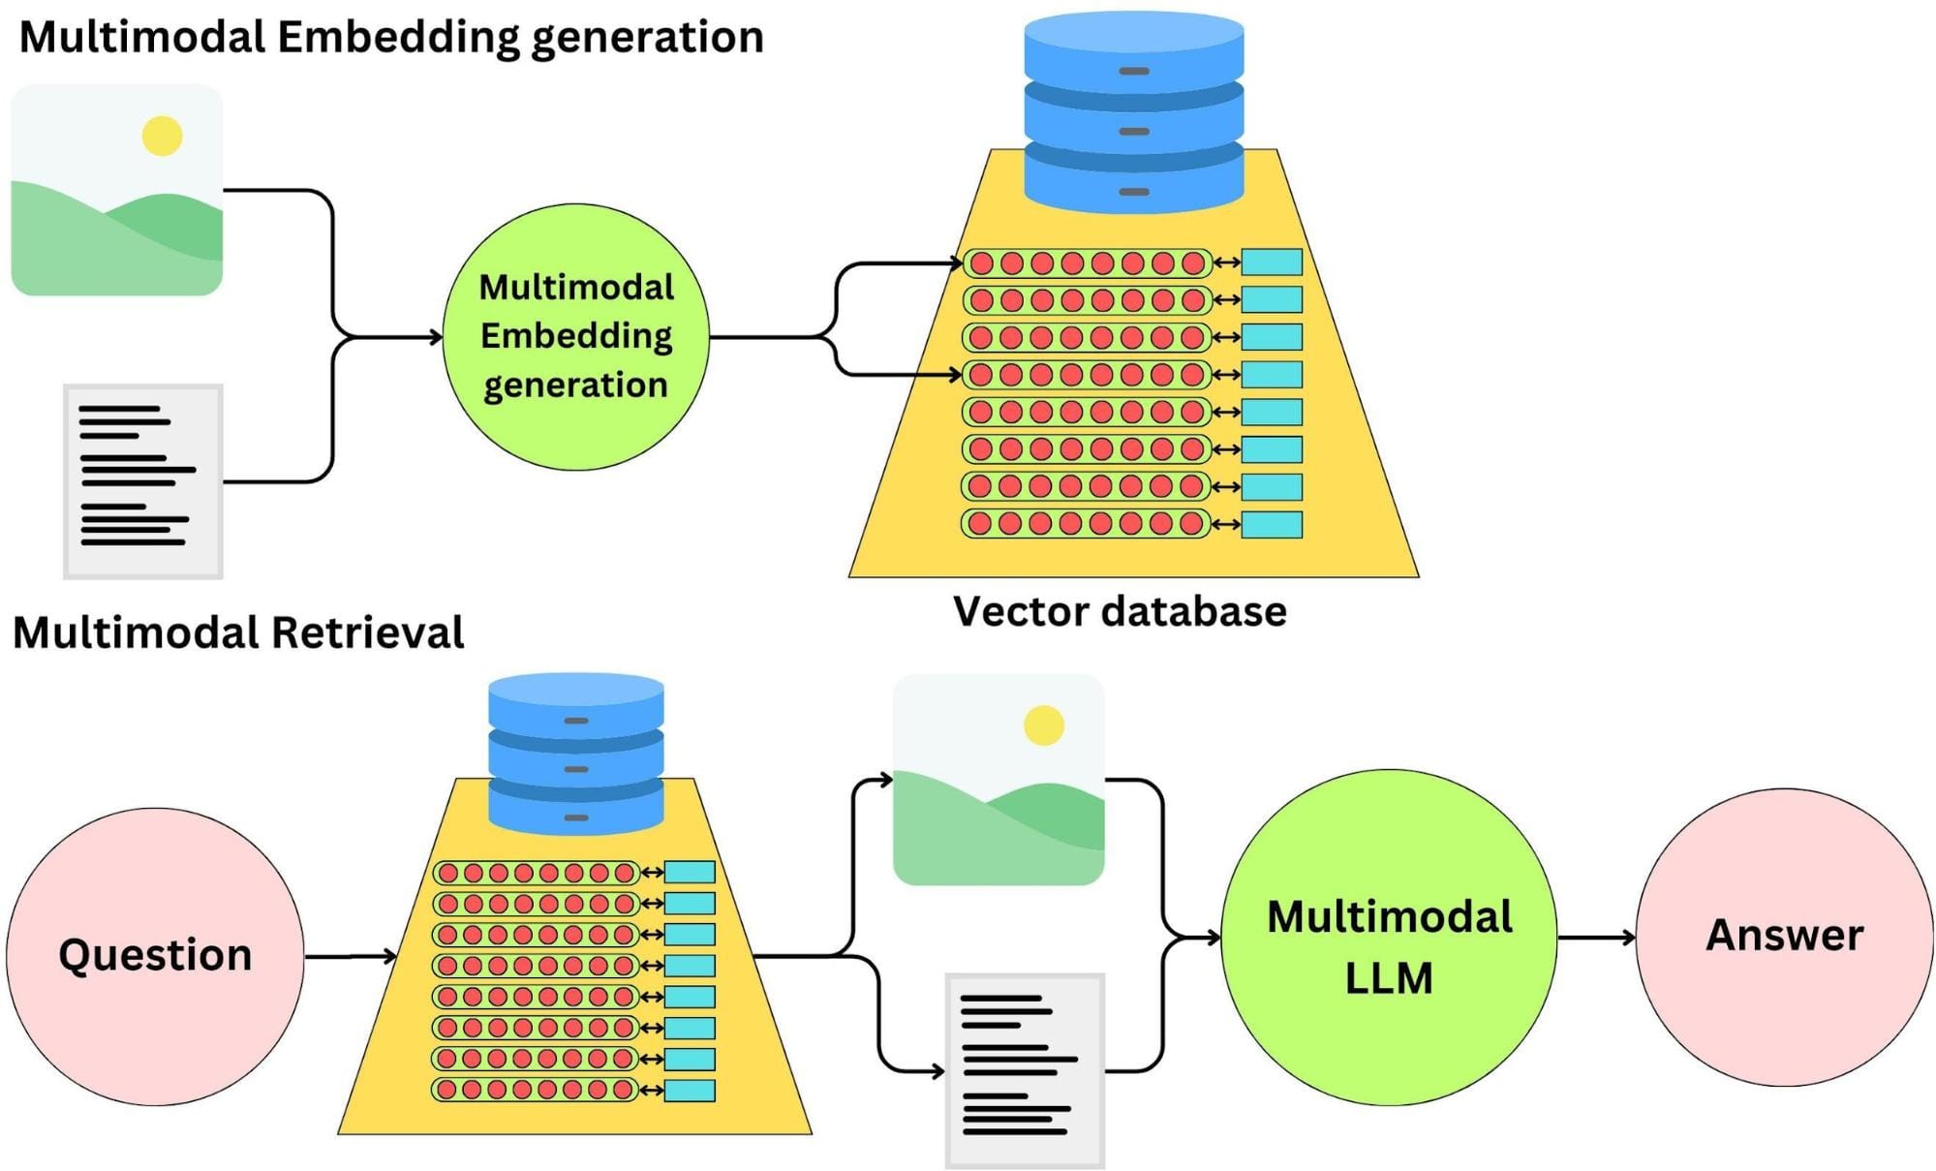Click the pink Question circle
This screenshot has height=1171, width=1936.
155,956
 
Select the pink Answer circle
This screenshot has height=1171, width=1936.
1784,937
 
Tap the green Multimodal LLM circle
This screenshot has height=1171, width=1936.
1389,937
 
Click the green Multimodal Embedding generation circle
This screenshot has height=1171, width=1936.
575,337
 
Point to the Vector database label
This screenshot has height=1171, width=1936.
1120,611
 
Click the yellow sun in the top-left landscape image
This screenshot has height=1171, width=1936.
162,136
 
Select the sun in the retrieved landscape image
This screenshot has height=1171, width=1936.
1043,724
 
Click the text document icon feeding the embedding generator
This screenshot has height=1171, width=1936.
143,480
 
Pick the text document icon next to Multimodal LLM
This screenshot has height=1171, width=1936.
1025,1069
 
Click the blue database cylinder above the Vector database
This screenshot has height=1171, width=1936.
1133,111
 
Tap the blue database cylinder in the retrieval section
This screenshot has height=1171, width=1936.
575,753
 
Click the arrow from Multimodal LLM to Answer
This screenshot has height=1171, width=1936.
1596,937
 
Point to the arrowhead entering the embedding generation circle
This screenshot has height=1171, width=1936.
436,337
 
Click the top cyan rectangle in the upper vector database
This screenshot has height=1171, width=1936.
1271,262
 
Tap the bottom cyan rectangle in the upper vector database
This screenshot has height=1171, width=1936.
1271,524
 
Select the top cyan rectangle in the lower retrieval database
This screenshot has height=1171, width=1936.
690,872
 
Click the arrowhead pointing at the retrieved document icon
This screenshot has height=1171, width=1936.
937,1071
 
